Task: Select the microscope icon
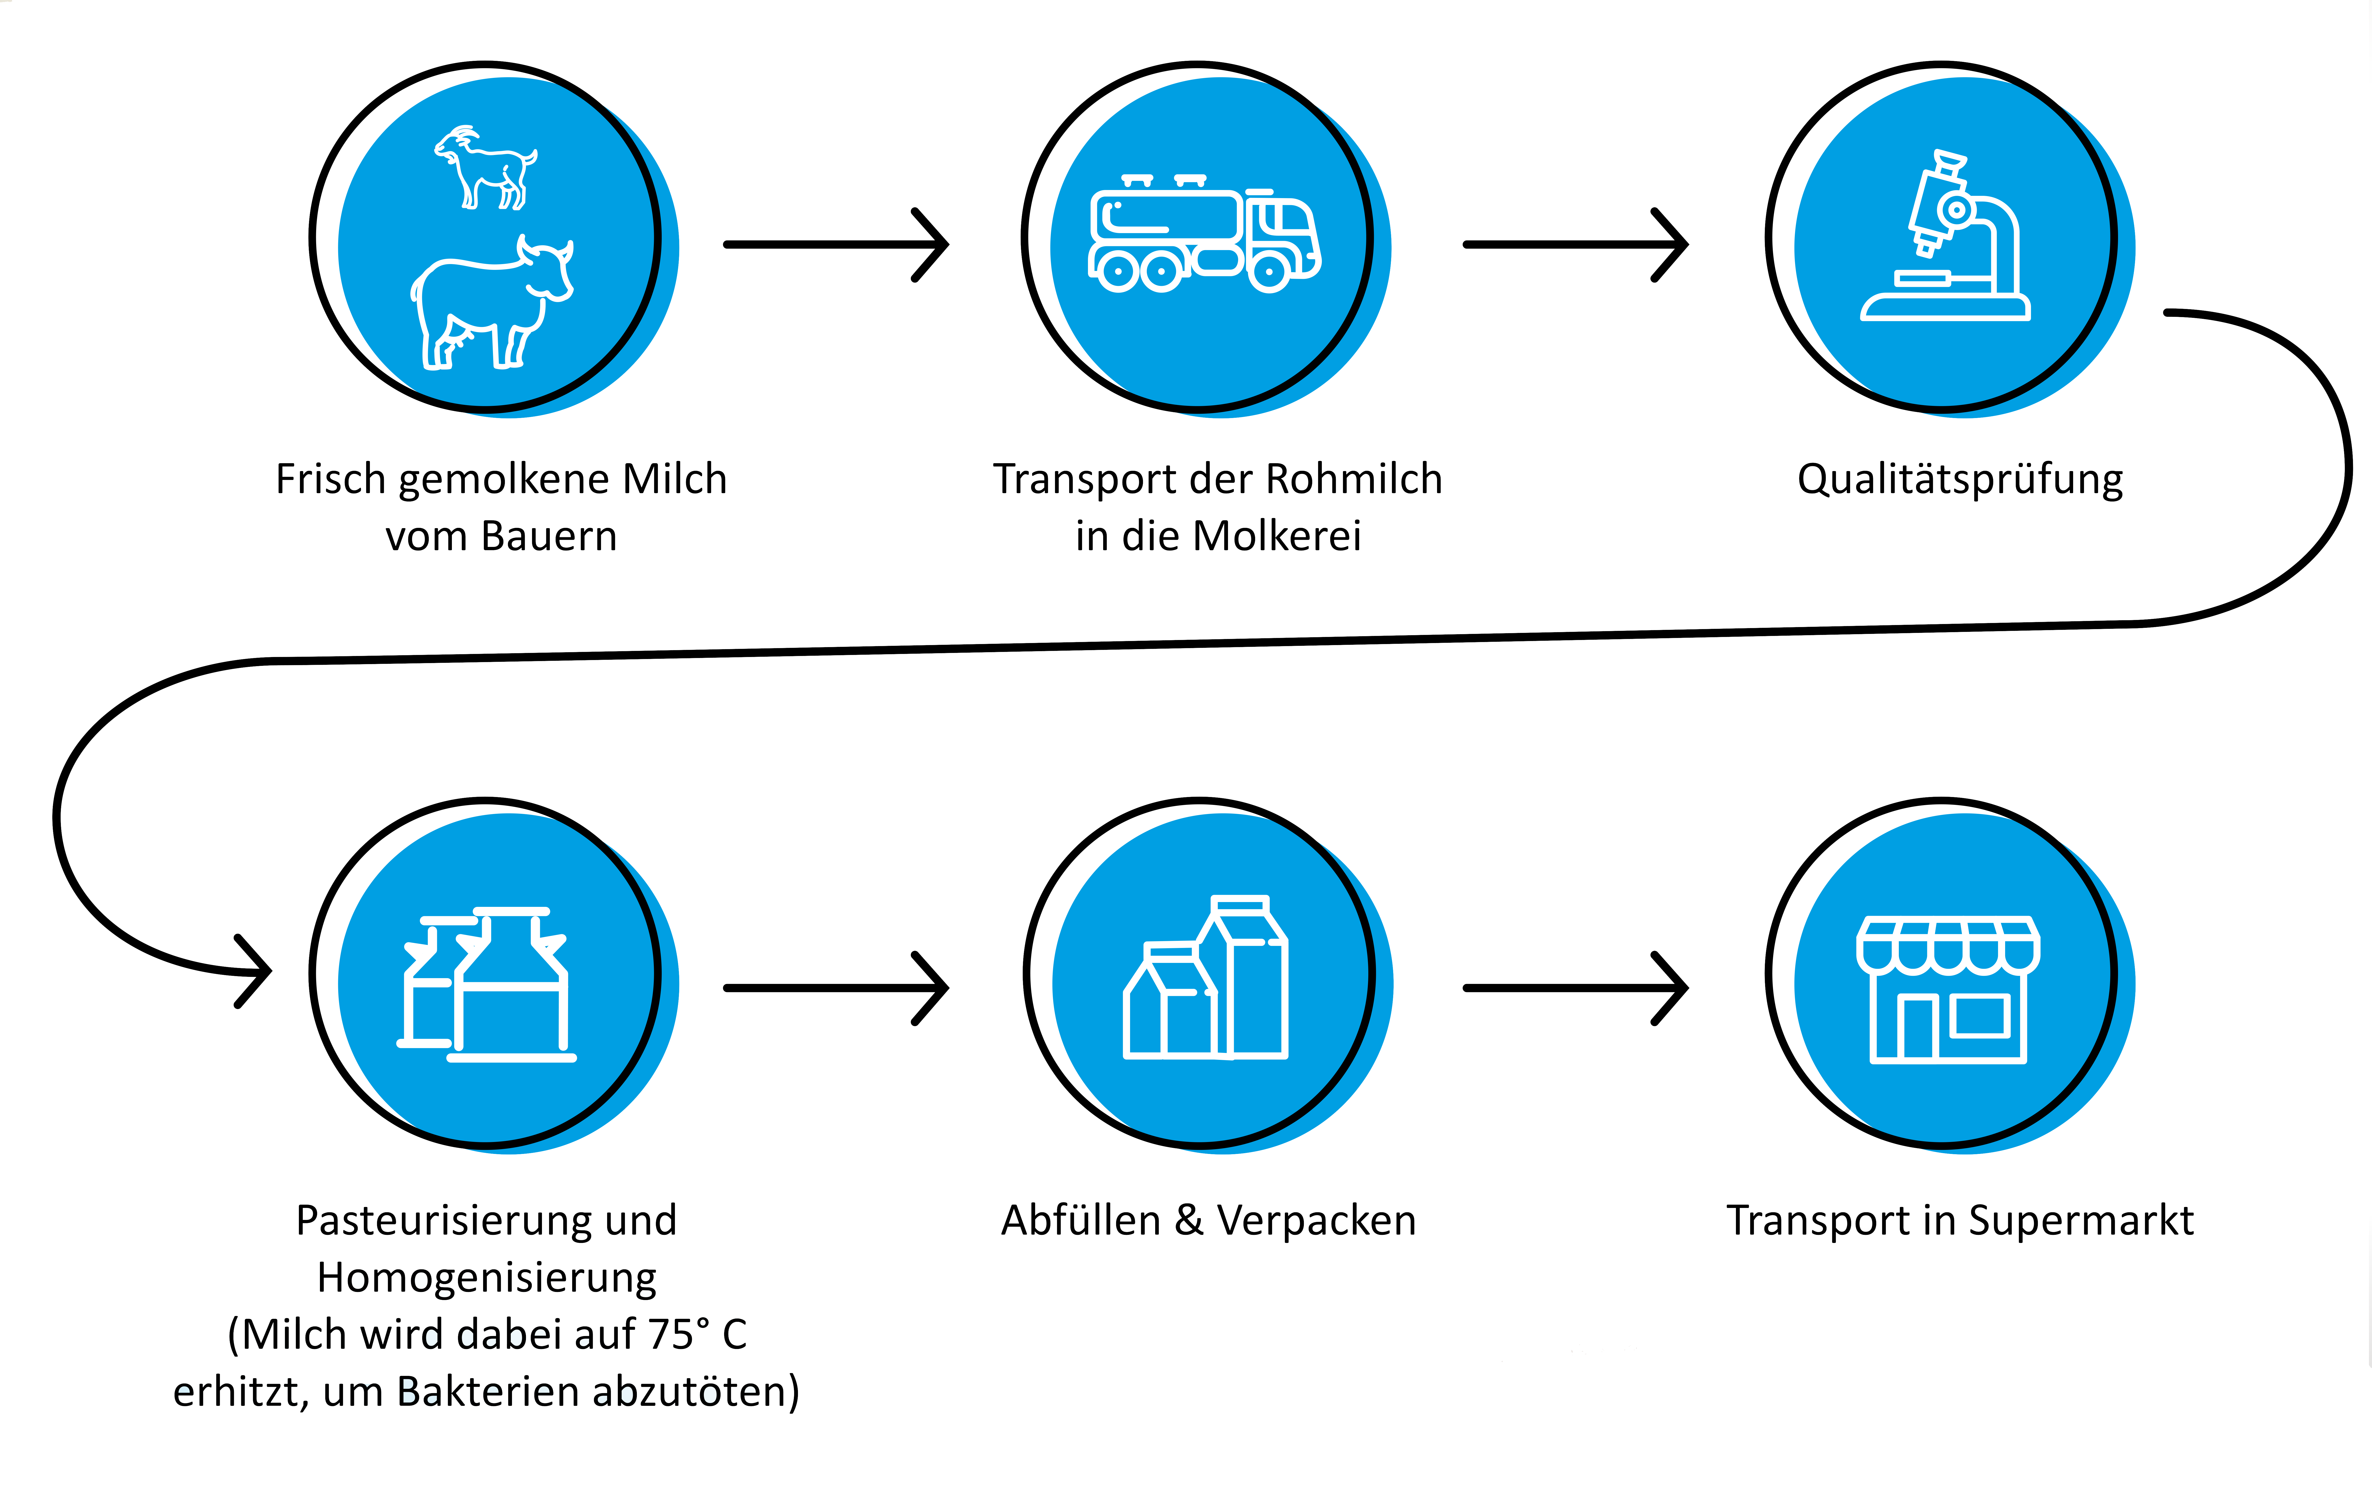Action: [x=1945, y=236]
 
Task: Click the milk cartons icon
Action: [x=1206, y=977]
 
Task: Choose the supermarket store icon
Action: [x=1948, y=989]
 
